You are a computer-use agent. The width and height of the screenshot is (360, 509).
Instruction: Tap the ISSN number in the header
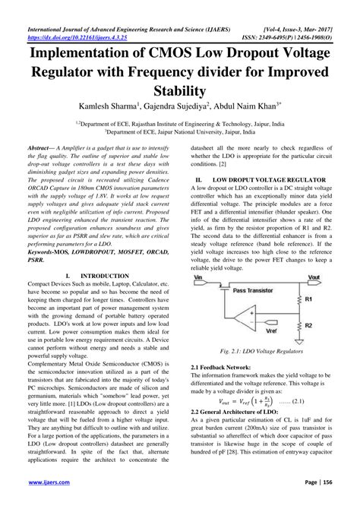289,14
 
